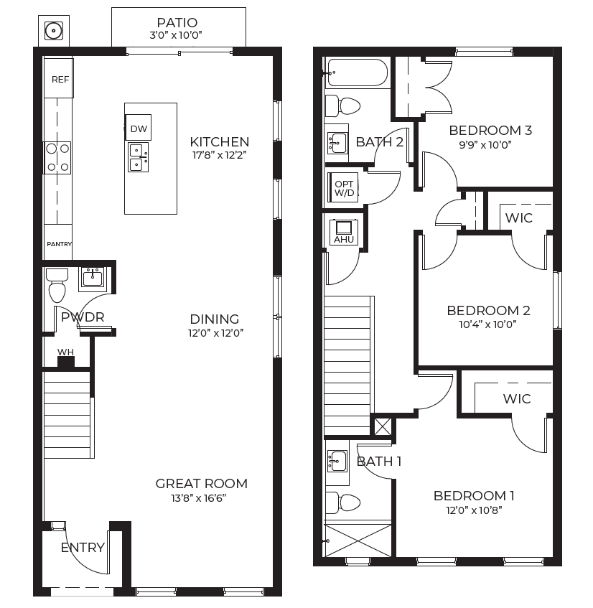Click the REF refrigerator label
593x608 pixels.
pyautogui.click(x=60, y=80)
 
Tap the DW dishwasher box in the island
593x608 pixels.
pyautogui.click(x=138, y=127)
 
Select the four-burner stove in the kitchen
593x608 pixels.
pyautogui.click(x=57, y=158)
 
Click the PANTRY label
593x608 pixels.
pyautogui.click(x=60, y=244)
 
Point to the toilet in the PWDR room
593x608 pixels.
pyautogui.click(x=57, y=286)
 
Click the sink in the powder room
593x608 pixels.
pyautogui.click(x=93, y=279)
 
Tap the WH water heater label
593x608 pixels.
pyautogui.click(x=65, y=352)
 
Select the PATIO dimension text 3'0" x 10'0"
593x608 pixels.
pyautogui.click(x=176, y=35)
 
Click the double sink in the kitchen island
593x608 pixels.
pyautogui.click(x=138, y=157)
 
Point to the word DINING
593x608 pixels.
pyautogui.click(x=215, y=319)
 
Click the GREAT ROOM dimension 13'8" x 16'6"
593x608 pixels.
pyautogui.click(x=199, y=498)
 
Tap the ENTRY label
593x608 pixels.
pyautogui.click(x=83, y=548)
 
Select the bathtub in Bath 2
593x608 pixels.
pyautogui.click(x=356, y=73)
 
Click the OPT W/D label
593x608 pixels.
pyautogui.click(x=344, y=189)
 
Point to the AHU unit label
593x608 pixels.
pyautogui.click(x=344, y=240)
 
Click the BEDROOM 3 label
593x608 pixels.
pyautogui.click(x=490, y=131)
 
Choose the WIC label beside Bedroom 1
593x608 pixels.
pyautogui.click(x=517, y=398)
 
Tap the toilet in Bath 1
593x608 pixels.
pyautogui.click(x=343, y=503)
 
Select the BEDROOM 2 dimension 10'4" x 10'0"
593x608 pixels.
pyautogui.click(x=487, y=324)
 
